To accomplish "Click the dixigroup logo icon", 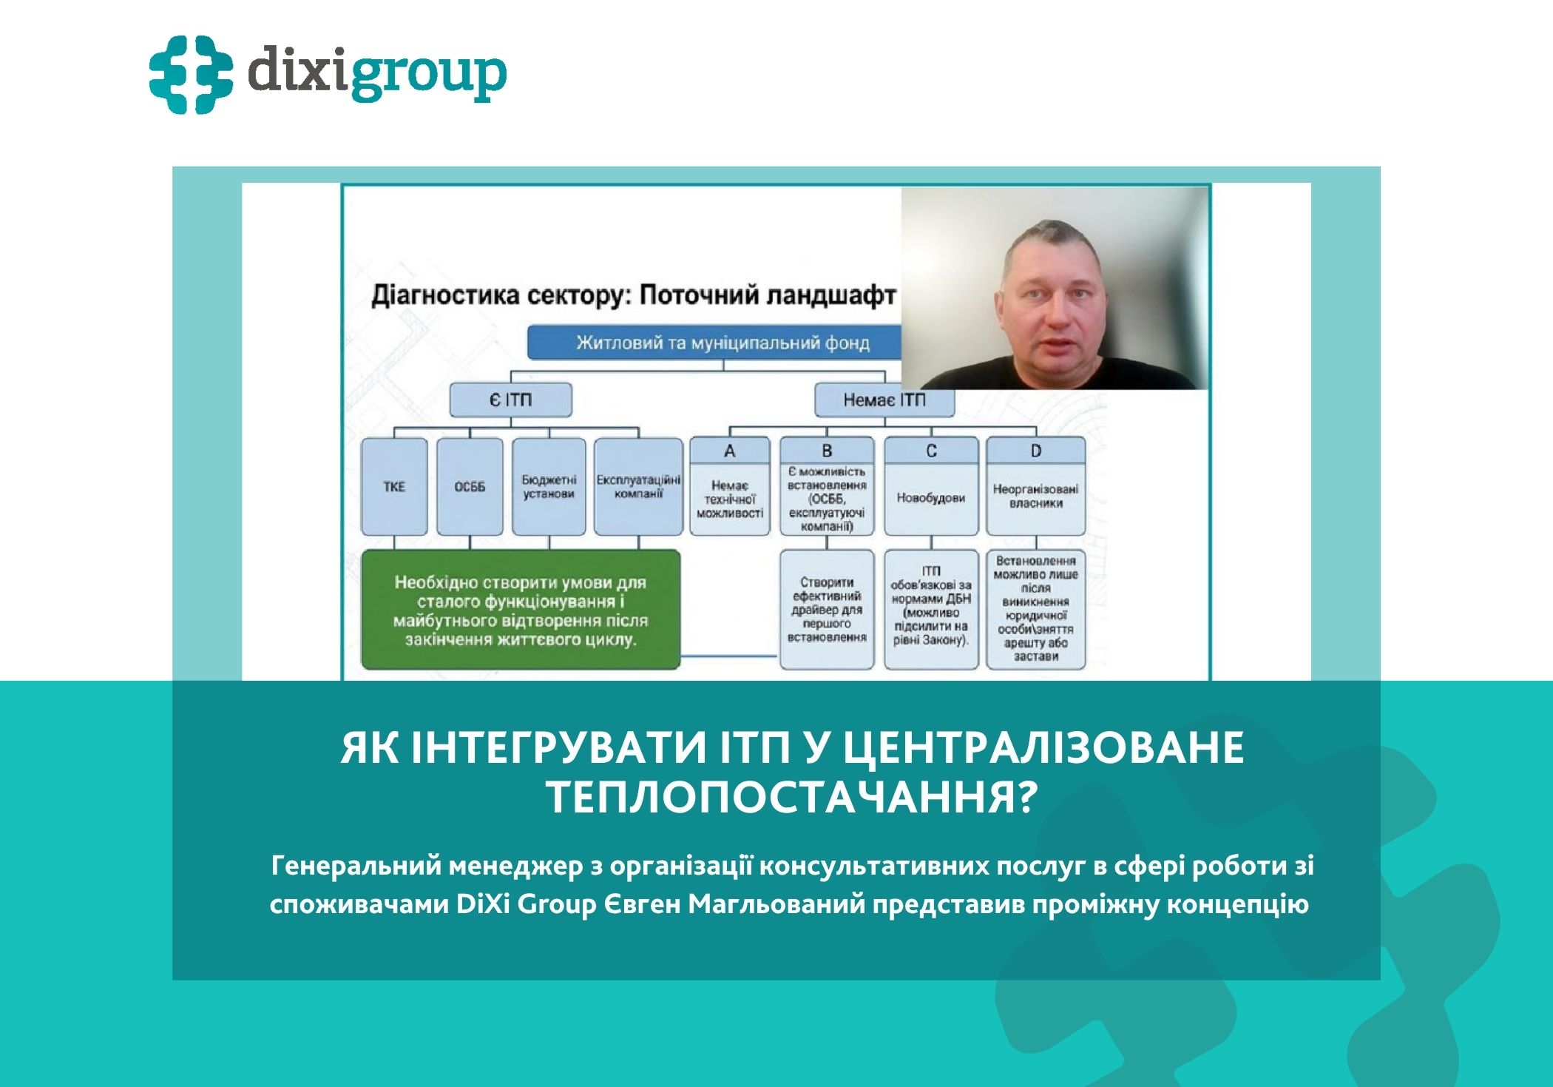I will [190, 74].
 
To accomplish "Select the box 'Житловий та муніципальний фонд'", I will [723, 343].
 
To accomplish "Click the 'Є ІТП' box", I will [510, 400].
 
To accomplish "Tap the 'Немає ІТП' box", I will [884, 400].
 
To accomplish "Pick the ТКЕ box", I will [394, 487].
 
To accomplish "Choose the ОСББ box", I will [470, 487].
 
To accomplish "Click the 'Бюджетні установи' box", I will [549, 487].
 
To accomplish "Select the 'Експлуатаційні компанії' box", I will [638, 487].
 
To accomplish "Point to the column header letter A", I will [730, 451].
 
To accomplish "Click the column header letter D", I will [1035, 451].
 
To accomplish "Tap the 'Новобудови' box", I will [931, 498].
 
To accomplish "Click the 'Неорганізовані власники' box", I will [1035, 497].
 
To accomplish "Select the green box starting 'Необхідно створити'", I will [520, 610].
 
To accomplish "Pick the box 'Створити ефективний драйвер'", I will [827, 610].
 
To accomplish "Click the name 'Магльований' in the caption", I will [776, 904].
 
